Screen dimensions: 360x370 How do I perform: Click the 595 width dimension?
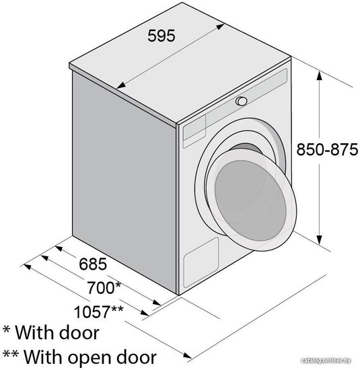pos(161,36)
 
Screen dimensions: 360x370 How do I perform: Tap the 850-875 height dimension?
pos(327,149)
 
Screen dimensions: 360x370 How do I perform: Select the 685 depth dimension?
pos(93,264)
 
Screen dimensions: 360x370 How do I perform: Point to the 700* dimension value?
pos(104,288)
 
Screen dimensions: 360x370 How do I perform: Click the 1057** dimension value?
pos(99,311)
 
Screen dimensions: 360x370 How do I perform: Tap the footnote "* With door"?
pos(51,332)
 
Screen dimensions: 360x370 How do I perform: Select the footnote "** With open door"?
pos(80,357)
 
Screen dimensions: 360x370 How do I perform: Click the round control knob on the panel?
pos(242,101)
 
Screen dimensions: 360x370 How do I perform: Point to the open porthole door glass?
pos(250,200)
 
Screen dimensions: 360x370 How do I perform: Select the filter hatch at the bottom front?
pos(201,262)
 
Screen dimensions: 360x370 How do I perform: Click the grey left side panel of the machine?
pos(124,182)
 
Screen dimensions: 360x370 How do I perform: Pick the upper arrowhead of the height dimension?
pos(319,76)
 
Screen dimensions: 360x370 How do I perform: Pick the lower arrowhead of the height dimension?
pos(319,239)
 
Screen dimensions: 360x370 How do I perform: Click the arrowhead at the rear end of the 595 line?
pos(220,26)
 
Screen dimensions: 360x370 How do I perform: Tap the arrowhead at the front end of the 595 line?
pos(120,85)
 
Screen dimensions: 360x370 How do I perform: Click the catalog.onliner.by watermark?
pos(326,361)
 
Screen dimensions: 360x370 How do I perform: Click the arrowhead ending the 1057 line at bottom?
pos(187,355)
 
